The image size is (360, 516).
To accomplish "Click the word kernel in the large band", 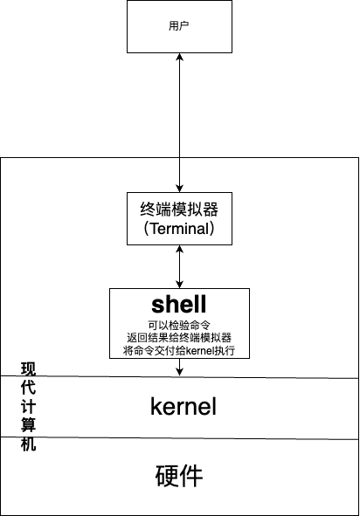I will (x=183, y=407).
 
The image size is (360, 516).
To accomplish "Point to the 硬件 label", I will (x=179, y=476).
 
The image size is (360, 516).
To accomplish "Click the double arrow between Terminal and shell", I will (x=179, y=266).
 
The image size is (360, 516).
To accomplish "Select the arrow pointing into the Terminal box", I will (x=179, y=175).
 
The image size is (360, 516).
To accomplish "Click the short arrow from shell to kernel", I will (x=179, y=368).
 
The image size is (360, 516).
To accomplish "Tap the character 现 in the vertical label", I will (x=28, y=368).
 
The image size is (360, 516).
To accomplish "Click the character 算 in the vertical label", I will (x=28, y=424).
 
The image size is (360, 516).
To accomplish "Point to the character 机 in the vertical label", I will (x=28, y=443).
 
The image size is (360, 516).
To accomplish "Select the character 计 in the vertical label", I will (x=28, y=405).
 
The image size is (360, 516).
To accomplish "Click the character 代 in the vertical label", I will (x=28, y=387).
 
